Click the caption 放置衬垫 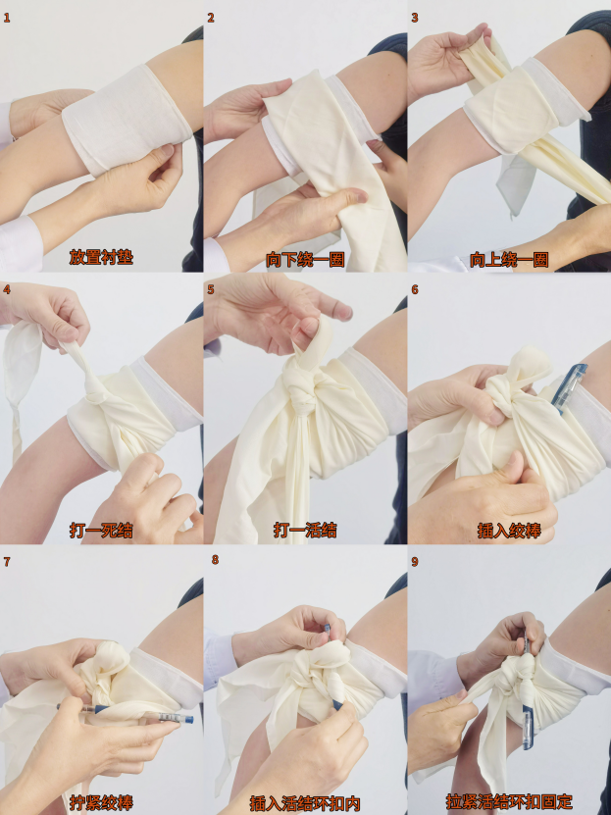101,257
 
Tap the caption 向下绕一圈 305,259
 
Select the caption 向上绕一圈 509,259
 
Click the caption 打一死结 101,531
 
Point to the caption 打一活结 305,531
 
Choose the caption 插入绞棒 509,531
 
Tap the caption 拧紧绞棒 101,802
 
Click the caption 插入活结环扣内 305,803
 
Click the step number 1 6,19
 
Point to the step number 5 211,289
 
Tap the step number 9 414,562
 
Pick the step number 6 414,289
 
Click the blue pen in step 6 569,387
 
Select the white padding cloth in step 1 127,119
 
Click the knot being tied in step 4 97,396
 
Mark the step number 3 414,19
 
